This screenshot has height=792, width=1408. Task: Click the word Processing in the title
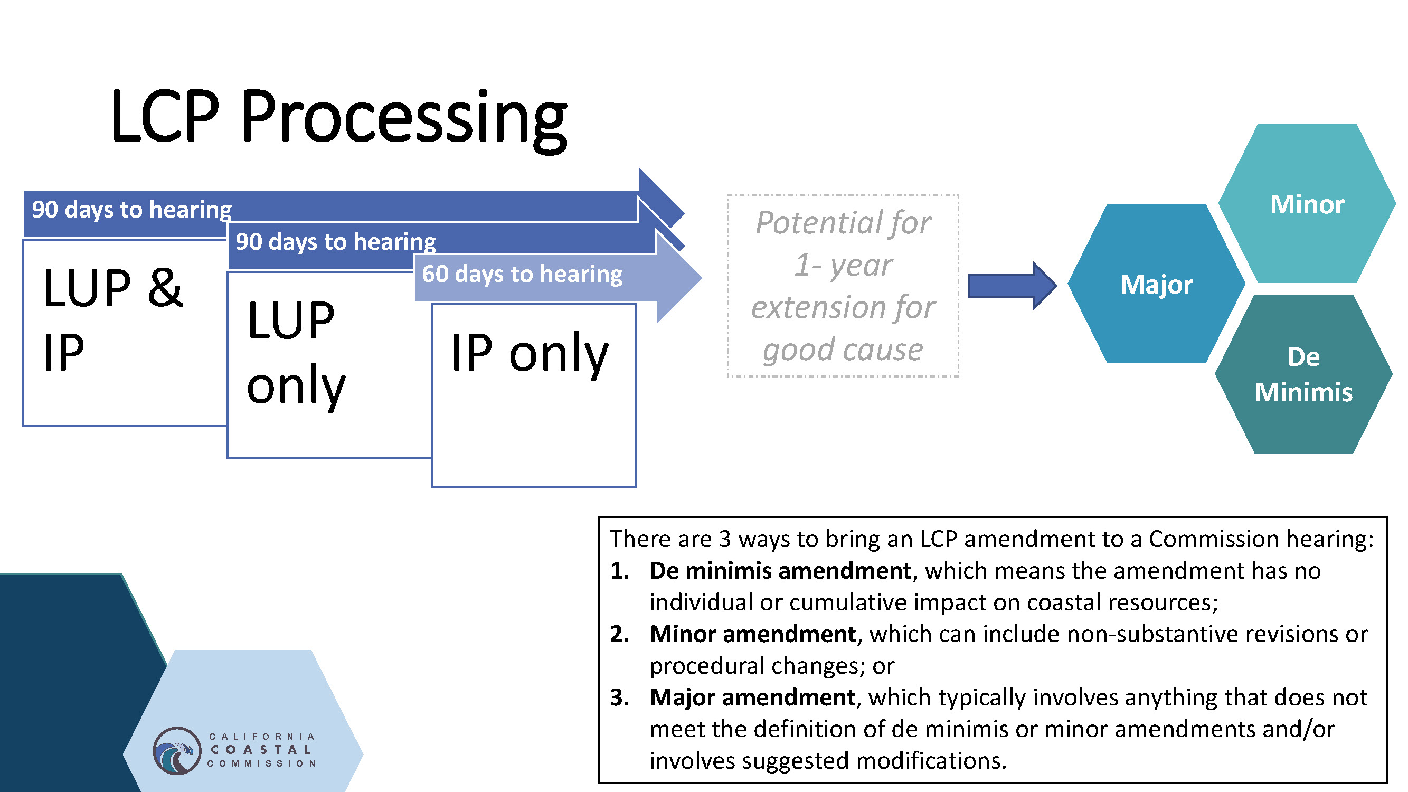point(403,119)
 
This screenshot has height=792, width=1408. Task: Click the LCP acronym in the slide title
point(165,116)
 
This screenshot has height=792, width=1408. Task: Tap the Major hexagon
point(1156,284)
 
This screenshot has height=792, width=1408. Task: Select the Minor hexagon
point(1307,203)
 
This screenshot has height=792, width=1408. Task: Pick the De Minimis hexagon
point(1303,374)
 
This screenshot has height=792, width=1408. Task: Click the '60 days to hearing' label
point(522,274)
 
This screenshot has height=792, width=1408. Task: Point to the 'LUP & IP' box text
point(113,320)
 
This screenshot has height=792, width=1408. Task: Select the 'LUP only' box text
point(296,353)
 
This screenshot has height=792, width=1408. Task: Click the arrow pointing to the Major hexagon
point(1012,286)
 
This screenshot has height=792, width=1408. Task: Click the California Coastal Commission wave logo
point(176,750)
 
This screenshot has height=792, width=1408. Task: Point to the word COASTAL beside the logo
point(261,750)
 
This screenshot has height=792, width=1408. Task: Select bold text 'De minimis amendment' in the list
point(780,571)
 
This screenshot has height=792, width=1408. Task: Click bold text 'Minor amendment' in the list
point(753,634)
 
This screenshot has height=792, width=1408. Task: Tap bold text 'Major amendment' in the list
point(752,697)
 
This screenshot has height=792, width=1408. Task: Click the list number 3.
point(619,698)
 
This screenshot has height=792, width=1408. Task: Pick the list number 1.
point(619,571)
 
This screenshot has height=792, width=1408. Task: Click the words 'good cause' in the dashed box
point(843,350)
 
